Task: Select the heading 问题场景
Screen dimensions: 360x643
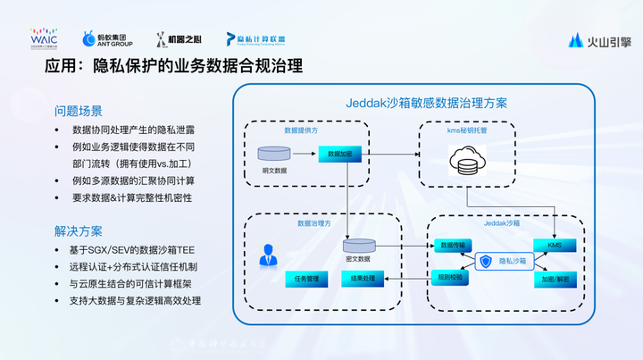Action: pyautogui.click(x=79, y=112)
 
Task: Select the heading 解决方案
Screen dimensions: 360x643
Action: pyautogui.click(x=79, y=230)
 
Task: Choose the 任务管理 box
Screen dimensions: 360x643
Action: pyautogui.click(x=305, y=280)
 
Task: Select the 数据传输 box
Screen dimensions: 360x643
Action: pyautogui.click(x=453, y=245)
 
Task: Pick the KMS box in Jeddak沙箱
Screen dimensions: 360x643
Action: pyautogui.click(x=555, y=245)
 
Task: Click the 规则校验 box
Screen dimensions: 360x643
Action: pyautogui.click(x=453, y=278)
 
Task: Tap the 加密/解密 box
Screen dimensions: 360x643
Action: pyautogui.click(x=555, y=278)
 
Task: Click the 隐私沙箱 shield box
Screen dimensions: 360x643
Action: pyautogui.click(x=504, y=262)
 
